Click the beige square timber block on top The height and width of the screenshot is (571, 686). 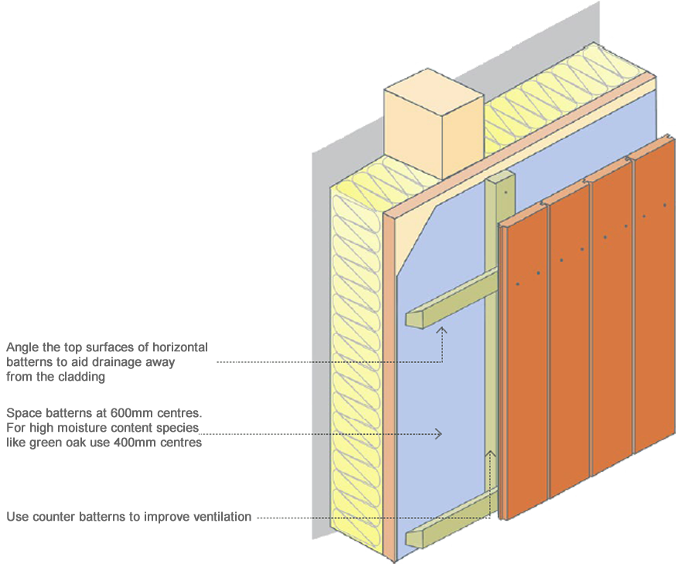pyautogui.click(x=433, y=124)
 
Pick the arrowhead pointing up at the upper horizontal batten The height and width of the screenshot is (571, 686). pyautogui.click(x=442, y=330)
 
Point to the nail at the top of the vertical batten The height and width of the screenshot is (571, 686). pyautogui.click(x=505, y=192)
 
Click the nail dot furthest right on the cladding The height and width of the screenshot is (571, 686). pyautogui.click(x=664, y=205)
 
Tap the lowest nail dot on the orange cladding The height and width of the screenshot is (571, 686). pyautogui.click(x=517, y=284)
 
